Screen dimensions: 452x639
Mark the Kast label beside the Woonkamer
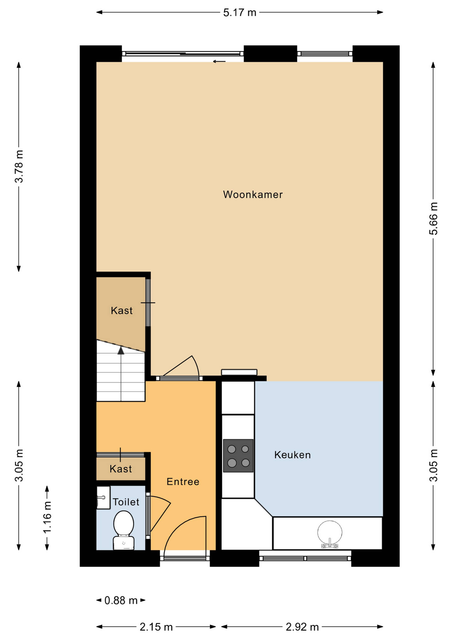point(122,311)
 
